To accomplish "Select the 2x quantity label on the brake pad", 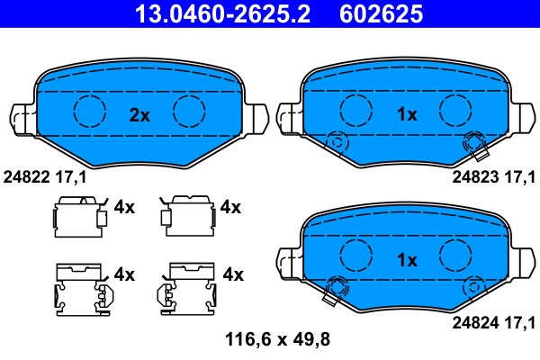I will click(x=139, y=114).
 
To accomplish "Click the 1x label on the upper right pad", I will click(x=407, y=114).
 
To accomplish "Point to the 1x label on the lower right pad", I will click(x=407, y=260).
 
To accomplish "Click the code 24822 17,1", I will click(x=46, y=177).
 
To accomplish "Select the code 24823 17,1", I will click(x=495, y=177).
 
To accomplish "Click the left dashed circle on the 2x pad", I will click(x=89, y=111).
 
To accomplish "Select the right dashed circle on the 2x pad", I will click(x=190, y=111).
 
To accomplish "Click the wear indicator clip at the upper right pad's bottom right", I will click(x=472, y=142).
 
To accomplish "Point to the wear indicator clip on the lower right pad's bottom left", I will click(x=338, y=287).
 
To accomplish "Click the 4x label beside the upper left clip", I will click(x=124, y=207).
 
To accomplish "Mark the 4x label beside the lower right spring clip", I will click(x=233, y=273).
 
